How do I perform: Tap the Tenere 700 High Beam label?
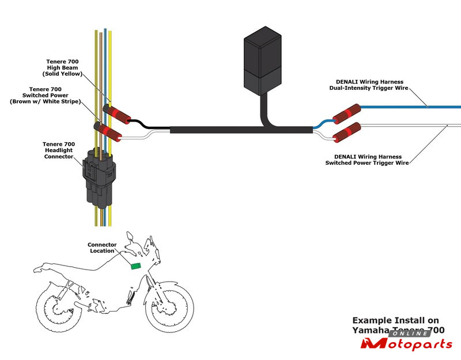coord(63,67)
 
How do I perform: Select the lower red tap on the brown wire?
coord(109,132)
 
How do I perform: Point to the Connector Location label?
coord(102,248)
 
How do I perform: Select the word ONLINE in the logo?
coord(409,334)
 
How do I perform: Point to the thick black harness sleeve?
coord(231,131)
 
